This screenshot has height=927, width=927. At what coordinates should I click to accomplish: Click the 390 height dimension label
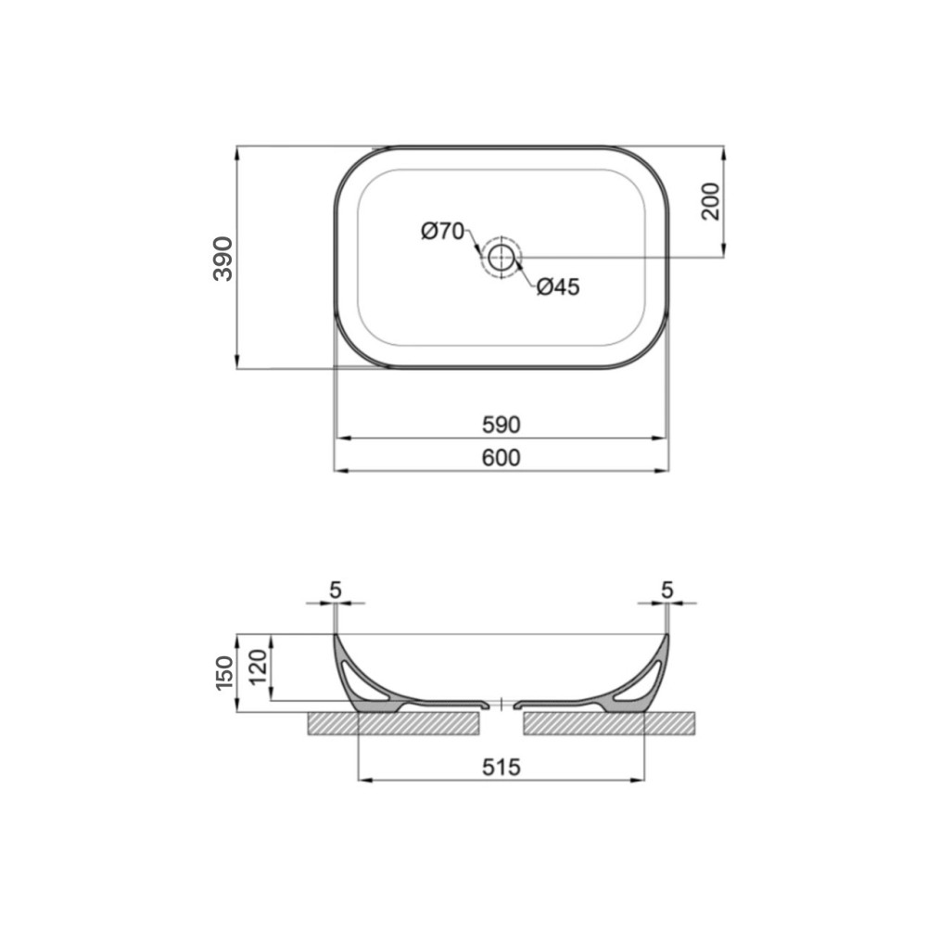[x=223, y=258]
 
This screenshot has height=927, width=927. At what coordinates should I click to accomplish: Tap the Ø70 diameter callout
[x=442, y=232]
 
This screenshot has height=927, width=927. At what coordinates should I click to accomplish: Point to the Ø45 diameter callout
[x=557, y=287]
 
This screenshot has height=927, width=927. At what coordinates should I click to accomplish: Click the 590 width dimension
[x=501, y=425]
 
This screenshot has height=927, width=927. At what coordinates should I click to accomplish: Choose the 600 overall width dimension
[x=501, y=457]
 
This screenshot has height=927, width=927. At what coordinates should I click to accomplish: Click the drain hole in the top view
[x=502, y=257]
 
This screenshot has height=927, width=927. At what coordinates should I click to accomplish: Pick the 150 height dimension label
[x=223, y=673]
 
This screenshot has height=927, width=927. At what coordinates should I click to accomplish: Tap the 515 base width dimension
[x=501, y=767]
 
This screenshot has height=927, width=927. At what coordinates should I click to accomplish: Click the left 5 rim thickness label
[x=335, y=589]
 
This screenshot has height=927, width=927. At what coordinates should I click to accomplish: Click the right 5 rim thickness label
[x=667, y=589]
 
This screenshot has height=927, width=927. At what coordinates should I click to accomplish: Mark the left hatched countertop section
[x=394, y=723]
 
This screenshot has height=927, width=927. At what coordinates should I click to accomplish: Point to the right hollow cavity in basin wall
[x=641, y=680]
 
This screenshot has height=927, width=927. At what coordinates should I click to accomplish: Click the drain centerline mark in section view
[x=501, y=705]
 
